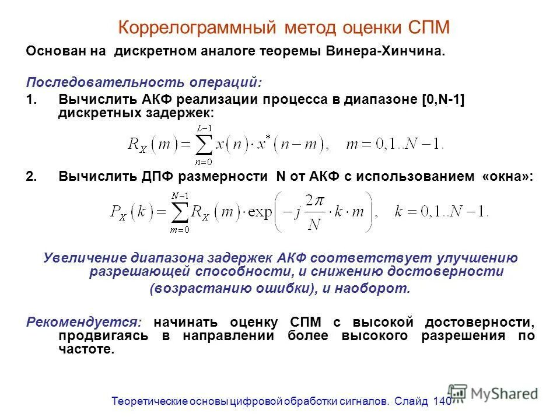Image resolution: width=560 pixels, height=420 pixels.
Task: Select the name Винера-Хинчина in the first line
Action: pyautogui.click(x=393, y=51)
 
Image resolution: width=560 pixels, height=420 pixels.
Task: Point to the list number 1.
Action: pyautogui.click(x=32, y=99)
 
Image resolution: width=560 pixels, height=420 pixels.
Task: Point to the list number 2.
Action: pyautogui.click(x=32, y=177)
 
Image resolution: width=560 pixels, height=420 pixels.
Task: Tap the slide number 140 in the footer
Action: pyautogui.click(x=442, y=401)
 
